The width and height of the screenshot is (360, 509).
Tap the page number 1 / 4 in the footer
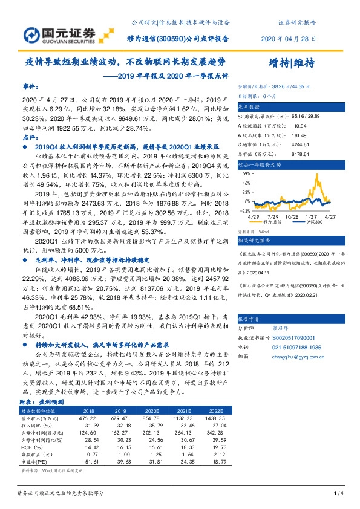[x=339, y=494]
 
